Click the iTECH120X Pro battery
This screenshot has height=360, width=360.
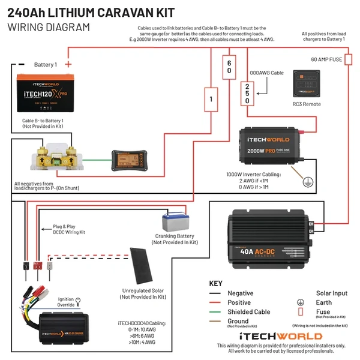[43, 93]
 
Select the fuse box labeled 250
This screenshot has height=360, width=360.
[247, 94]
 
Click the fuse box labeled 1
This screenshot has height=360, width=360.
[209, 99]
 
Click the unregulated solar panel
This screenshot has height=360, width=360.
[143, 267]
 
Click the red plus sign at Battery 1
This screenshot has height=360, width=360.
[68, 64]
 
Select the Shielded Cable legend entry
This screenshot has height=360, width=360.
[249, 312]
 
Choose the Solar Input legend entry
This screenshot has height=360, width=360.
[331, 293]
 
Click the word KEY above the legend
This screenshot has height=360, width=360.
[216, 283]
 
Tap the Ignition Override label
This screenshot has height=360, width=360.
[66, 302]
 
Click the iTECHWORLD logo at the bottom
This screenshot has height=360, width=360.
[280, 336]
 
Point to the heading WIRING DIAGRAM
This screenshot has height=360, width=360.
[49, 27]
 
